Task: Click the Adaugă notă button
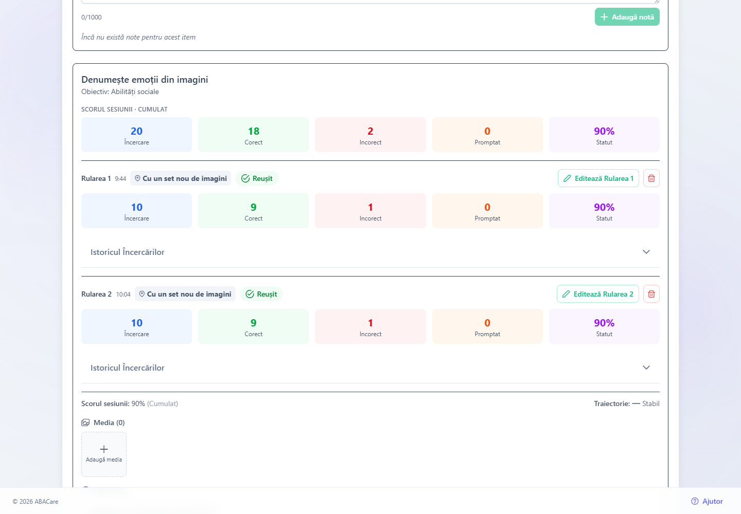(627, 17)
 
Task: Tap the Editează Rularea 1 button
(598, 178)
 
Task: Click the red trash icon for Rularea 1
(651, 178)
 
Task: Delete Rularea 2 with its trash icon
(651, 294)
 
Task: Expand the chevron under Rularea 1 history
(646, 252)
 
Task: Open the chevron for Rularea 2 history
(646, 368)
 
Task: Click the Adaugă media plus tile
(104, 454)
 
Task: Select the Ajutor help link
(707, 501)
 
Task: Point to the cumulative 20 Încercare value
(136, 131)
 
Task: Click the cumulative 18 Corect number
(253, 131)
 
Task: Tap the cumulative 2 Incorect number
(370, 131)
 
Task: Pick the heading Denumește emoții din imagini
(145, 80)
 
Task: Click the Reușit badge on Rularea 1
(257, 178)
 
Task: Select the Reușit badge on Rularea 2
(261, 294)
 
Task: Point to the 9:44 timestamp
(120, 179)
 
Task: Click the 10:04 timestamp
(123, 295)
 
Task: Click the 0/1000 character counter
(91, 17)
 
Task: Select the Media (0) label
(109, 423)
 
